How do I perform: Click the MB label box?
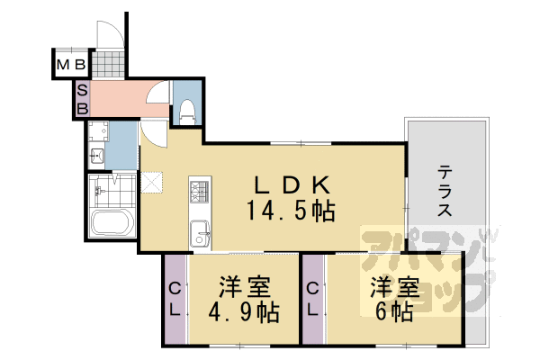tap(72, 65)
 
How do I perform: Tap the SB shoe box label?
tap(81, 99)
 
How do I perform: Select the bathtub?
tap(110, 224)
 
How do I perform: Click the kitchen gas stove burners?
tap(198, 191)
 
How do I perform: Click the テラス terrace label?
tap(445, 190)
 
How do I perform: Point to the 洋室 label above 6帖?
tap(393, 289)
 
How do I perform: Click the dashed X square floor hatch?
tap(151, 182)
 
